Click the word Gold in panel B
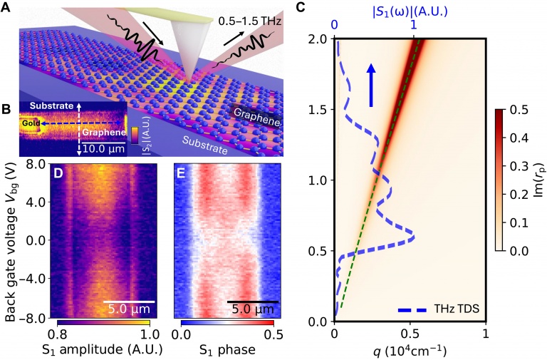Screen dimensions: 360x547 pyautogui.click(x=30, y=123)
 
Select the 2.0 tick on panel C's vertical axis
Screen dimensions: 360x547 pyautogui.click(x=319, y=39)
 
